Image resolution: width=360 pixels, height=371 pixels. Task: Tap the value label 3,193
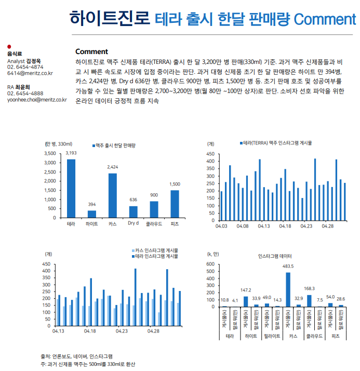point(71,153)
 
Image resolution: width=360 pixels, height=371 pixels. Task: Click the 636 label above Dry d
point(134,200)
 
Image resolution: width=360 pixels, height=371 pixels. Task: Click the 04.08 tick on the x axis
point(242,227)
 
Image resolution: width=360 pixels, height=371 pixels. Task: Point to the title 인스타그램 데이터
point(275,257)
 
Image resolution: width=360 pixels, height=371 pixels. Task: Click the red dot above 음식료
point(9,47)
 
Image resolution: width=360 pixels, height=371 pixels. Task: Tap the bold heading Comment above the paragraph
point(91,51)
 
